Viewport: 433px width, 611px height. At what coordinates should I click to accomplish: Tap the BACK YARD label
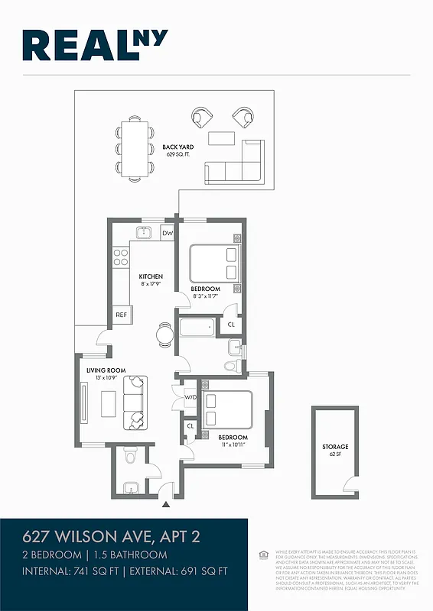pyautogui.click(x=177, y=147)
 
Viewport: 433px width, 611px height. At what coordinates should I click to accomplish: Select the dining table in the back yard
pyautogui.click(x=135, y=149)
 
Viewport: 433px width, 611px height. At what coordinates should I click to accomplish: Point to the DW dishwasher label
pyautogui.click(x=168, y=233)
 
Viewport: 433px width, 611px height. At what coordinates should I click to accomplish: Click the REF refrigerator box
pyautogui.click(x=121, y=315)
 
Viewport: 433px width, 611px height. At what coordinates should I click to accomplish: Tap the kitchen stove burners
pyautogui.click(x=120, y=257)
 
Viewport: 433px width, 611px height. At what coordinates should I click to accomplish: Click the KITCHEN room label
pyautogui.click(x=150, y=276)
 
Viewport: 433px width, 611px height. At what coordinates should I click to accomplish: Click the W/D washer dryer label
pyautogui.click(x=190, y=398)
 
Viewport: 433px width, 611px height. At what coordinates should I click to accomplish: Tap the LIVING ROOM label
pyautogui.click(x=100, y=370)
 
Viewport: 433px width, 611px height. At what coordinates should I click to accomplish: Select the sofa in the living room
pyautogui.click(x=135, y=402)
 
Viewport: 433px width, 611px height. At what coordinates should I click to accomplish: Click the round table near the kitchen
pyautogui.click(x=165, y=333)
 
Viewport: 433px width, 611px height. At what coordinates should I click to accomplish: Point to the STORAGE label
pyautogui.click(x=334, y=447)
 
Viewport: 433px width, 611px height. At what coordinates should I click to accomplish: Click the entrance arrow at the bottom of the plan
pyautogui.click(x=166, y=504)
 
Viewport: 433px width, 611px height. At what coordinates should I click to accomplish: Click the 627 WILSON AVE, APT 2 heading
pyautogui.click(x=111, y=537)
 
